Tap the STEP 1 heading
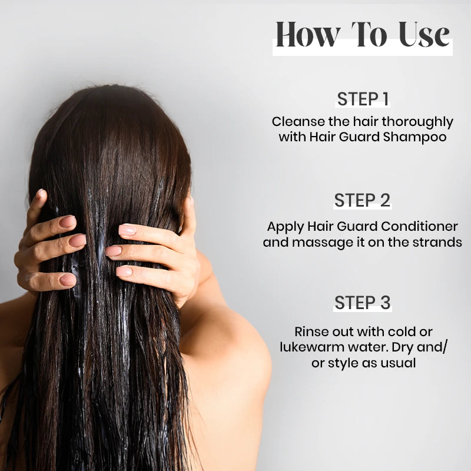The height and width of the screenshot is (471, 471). tap(363, 99)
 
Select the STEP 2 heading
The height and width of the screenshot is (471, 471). tap(363, 201)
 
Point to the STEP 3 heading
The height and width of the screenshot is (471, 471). tap(363, 303)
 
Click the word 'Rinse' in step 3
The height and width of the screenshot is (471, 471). tap(310, 332)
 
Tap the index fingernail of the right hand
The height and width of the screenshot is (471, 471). tap(126, 230)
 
